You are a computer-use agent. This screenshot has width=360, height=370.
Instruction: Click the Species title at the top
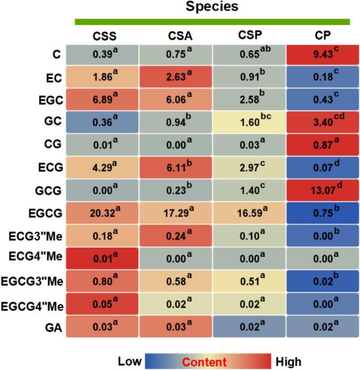pyautogui.click(x=212, y=7)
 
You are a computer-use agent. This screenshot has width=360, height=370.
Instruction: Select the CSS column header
pyautogui.click(x=104, y=36)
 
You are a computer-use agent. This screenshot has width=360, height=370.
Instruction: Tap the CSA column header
pyautogui.click(x=175, y=36)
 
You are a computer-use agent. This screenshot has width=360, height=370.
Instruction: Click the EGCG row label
pyautogui.click(x=46, y=214)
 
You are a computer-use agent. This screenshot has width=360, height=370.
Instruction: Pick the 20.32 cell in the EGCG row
pyautogui.click(x=104, y=214)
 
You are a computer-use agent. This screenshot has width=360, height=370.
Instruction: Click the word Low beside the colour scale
pyautogui.click(x=129, y=362)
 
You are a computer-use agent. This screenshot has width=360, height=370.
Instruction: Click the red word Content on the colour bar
pyautogui.click(x=208, y=362)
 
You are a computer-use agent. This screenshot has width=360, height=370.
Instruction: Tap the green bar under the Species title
pyautogui.click(x=213, y=22)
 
